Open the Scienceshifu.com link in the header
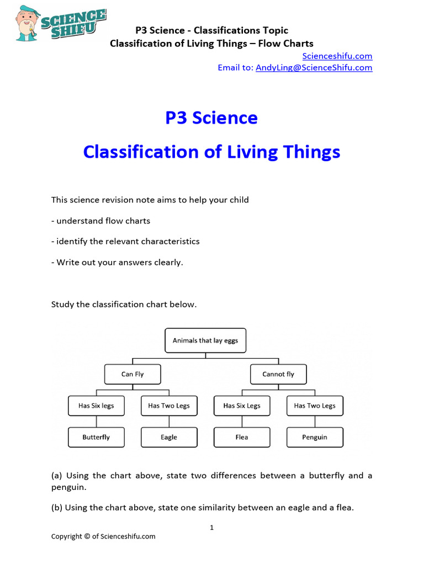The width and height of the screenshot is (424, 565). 337,56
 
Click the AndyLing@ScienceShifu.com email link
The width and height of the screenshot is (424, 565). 314,67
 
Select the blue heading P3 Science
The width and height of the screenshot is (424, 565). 211,118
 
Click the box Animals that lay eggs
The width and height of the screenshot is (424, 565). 205,340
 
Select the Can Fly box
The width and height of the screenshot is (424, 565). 132,374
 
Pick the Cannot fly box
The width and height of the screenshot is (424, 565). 278,374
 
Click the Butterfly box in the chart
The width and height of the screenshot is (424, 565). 96,437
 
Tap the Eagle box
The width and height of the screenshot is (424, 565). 169,437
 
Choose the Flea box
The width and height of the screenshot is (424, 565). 242,437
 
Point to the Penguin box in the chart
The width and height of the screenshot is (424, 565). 315,437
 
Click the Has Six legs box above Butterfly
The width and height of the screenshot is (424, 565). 96,406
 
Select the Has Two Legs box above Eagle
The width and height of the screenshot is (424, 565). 169,406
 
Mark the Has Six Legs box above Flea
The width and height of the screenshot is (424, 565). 242,406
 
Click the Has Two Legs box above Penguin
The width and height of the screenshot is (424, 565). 315,406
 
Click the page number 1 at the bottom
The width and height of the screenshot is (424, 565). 211,527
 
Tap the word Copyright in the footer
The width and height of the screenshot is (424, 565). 67,536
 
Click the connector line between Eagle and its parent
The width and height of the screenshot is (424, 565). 169,422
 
